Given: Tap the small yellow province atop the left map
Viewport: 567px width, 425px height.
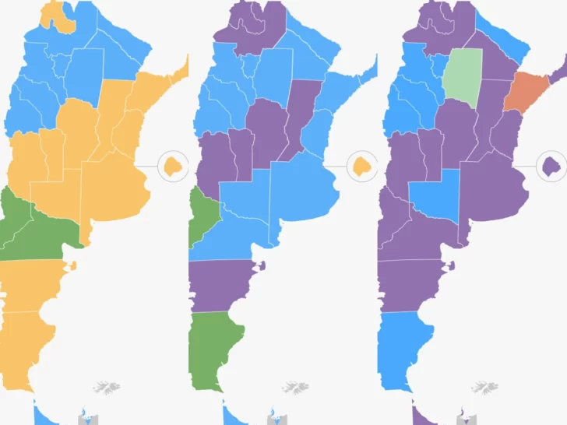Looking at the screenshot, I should (x=62, y=17).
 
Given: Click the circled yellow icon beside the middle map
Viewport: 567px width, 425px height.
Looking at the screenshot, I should (x=361, y=166).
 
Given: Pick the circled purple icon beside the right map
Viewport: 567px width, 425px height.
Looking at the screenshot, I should (x=551, y=166).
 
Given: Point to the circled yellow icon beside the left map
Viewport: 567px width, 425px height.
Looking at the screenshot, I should (x=172, y=166).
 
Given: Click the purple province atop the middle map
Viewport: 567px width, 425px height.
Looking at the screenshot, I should (x=249, y=27).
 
